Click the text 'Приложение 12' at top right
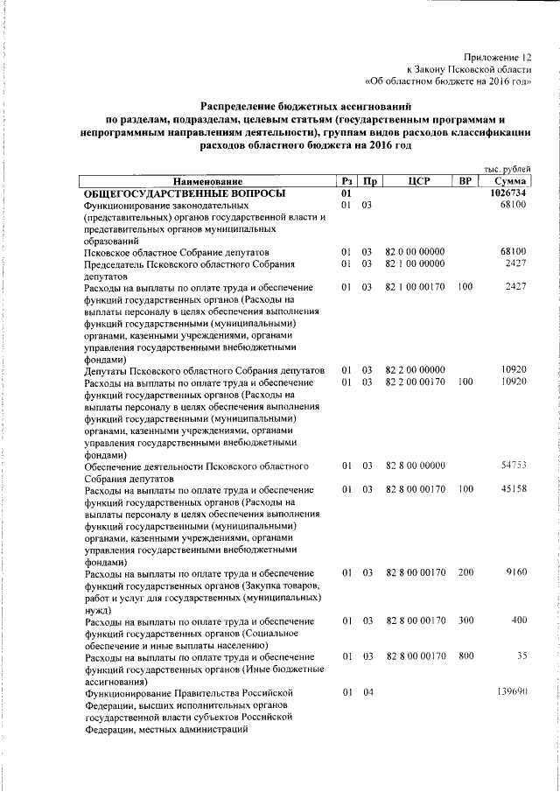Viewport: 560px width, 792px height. [498, 56]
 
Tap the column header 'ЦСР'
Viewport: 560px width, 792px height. [416, 181]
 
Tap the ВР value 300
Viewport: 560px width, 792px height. [465, 620]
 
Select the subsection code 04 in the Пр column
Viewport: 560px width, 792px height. [368, 692]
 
